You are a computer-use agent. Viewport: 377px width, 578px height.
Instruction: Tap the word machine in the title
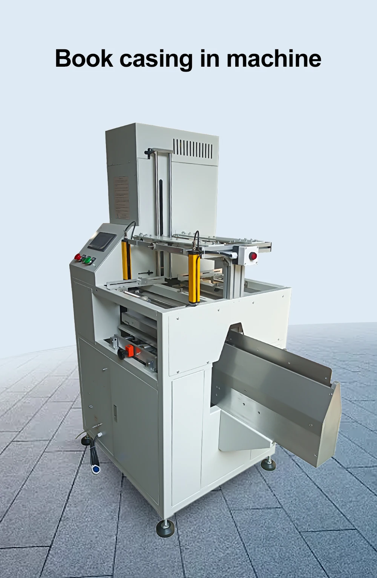point(274,58)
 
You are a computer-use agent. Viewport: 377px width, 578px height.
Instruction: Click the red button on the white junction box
point(254,256)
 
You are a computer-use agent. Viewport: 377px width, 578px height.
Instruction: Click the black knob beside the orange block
point(121,354)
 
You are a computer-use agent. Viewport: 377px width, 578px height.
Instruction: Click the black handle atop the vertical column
point(151,151)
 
